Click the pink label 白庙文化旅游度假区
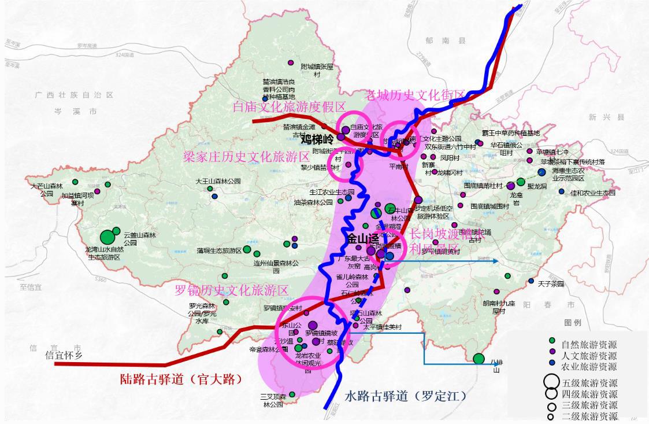pos(289,107)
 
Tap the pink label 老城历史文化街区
pos(415,95)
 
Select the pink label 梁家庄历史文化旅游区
pos(239,157)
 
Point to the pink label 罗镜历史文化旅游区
pos(232,290)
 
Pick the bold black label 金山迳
pos(363,238)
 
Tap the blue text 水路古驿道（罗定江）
pos(405,396)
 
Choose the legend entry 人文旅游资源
pos(588,356)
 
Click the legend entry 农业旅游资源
pos(588,366)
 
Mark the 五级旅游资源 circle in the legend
pos(551,382)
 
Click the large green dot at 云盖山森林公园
pos(107,237)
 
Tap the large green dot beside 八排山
pos(479,359)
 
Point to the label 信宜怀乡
pos(68,355)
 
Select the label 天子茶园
pos(550,284)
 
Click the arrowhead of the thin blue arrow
pos(496,261)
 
